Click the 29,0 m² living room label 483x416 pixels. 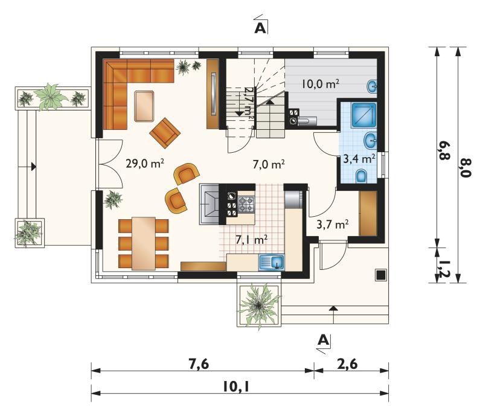pyautogui.click(x=145, y=163)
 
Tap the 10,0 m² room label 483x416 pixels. pyautogui.click(x=321, y=83)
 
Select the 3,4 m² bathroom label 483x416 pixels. pyautogui.click(x=359, y=159)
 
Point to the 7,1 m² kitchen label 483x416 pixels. pyautogui.click(x=251, y=239)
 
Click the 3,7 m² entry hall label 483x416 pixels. pyautogui.click(x=333, y=224)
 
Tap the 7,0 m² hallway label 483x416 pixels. pyautogui.click(x=268, y=164)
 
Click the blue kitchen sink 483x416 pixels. pyautogui.click(x=272, y=262)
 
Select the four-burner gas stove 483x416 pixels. pyautogui.click(x=246, y=204)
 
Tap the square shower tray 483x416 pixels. pyautogui.click(x=364, y=115)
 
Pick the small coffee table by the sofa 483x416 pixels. pyautogui.click(x=144, y=106)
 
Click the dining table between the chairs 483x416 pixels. pyautogui.click(x=144, y=243)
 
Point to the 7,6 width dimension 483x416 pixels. pyautogui.click(x=199, y=364)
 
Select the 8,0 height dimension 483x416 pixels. pyautogui.click(x=465, y=167)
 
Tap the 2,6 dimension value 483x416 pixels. pyautogui.click(x=348, y=364)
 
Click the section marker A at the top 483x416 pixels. pyautogui.click(x=260, y=28)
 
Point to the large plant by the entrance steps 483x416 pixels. pyautogui.click(x=259, y=305)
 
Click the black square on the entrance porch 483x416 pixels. pyautogui.click(x=381, y=275)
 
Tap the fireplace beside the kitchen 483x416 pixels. pyautogui.click(x=209, y=204)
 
